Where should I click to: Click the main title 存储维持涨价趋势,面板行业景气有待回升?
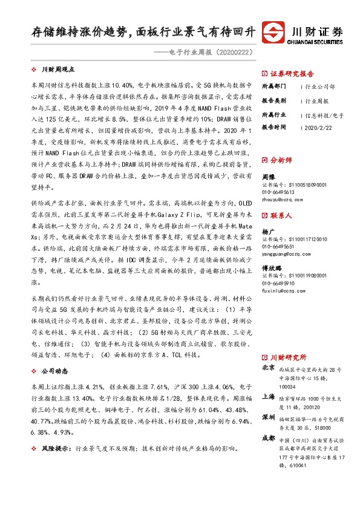(x=143, y=32)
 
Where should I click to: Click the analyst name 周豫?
(x=268, y=177)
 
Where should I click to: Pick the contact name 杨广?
(x=268, y=232)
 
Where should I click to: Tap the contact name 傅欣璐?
(x=271, y=268)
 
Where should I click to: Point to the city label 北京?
(x=269, y=368)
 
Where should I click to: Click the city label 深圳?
(x=269, y=418)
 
